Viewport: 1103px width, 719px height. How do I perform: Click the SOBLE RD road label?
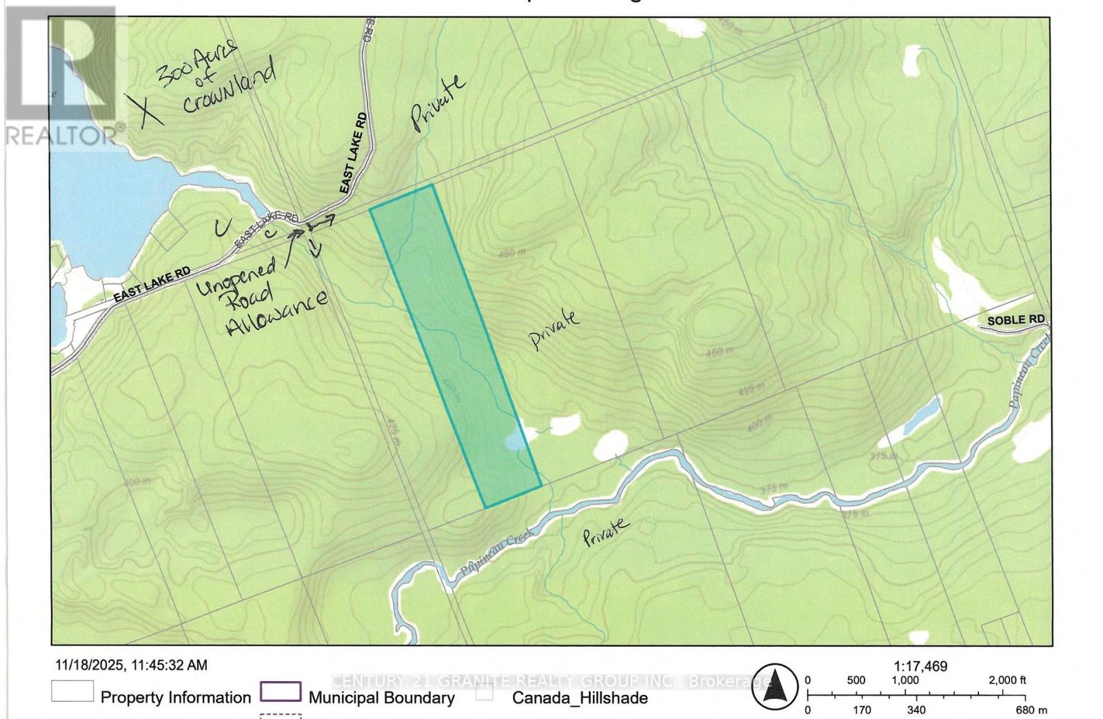(1015, 321)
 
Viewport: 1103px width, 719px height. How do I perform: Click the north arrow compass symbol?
(774, 687)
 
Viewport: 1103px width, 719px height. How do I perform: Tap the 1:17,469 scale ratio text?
(920, 667)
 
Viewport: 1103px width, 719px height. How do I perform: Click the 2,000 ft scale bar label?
(1008, 680)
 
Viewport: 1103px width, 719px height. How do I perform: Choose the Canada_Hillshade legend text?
(579, 698)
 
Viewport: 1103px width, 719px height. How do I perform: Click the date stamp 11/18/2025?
(90, 665)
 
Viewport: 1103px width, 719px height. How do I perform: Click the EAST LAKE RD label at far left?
(152, 284)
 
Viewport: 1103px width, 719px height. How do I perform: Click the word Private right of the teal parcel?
(554, 329)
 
